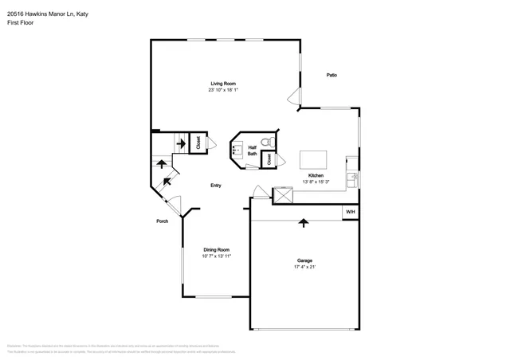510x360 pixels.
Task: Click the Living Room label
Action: coord(222,84)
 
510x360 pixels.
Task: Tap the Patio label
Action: coord(331,75)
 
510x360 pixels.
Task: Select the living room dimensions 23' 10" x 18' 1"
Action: coord(222,90)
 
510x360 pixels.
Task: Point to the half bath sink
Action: coord(237,148)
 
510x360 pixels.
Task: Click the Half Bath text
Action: coord(252,150)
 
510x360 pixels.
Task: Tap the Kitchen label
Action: coord(316,175)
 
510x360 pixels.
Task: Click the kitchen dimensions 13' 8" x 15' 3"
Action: coord(316,182)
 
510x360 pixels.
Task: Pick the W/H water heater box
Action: coord(350,212)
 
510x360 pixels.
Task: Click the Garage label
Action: coord(304,260)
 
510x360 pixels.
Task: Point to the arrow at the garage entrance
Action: coord(303,223)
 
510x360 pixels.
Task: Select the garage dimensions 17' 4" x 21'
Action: coord(304,267)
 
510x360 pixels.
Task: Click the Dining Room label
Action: coord(216,249)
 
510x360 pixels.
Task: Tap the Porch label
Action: coord(162,222)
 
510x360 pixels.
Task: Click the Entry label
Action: coord(215,186)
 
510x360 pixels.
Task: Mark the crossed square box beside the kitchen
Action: coord(282,195)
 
